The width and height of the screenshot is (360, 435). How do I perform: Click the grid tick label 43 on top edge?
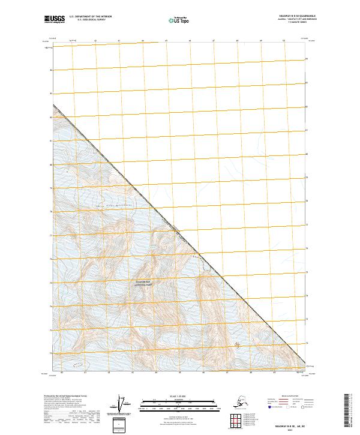119,41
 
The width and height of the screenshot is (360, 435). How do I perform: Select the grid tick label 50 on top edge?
283,41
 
